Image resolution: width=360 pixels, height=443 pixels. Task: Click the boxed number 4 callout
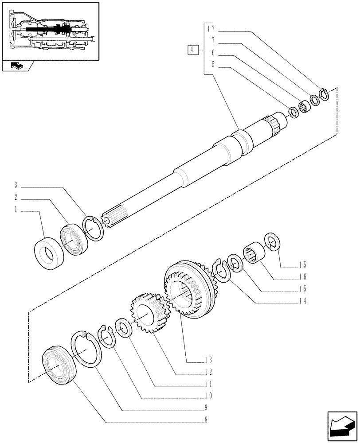[192, 50]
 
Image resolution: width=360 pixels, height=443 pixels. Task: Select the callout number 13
[208, 359]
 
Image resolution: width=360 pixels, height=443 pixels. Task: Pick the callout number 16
[302, 277]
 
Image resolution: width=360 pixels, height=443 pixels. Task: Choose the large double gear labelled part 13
[186, 290]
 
